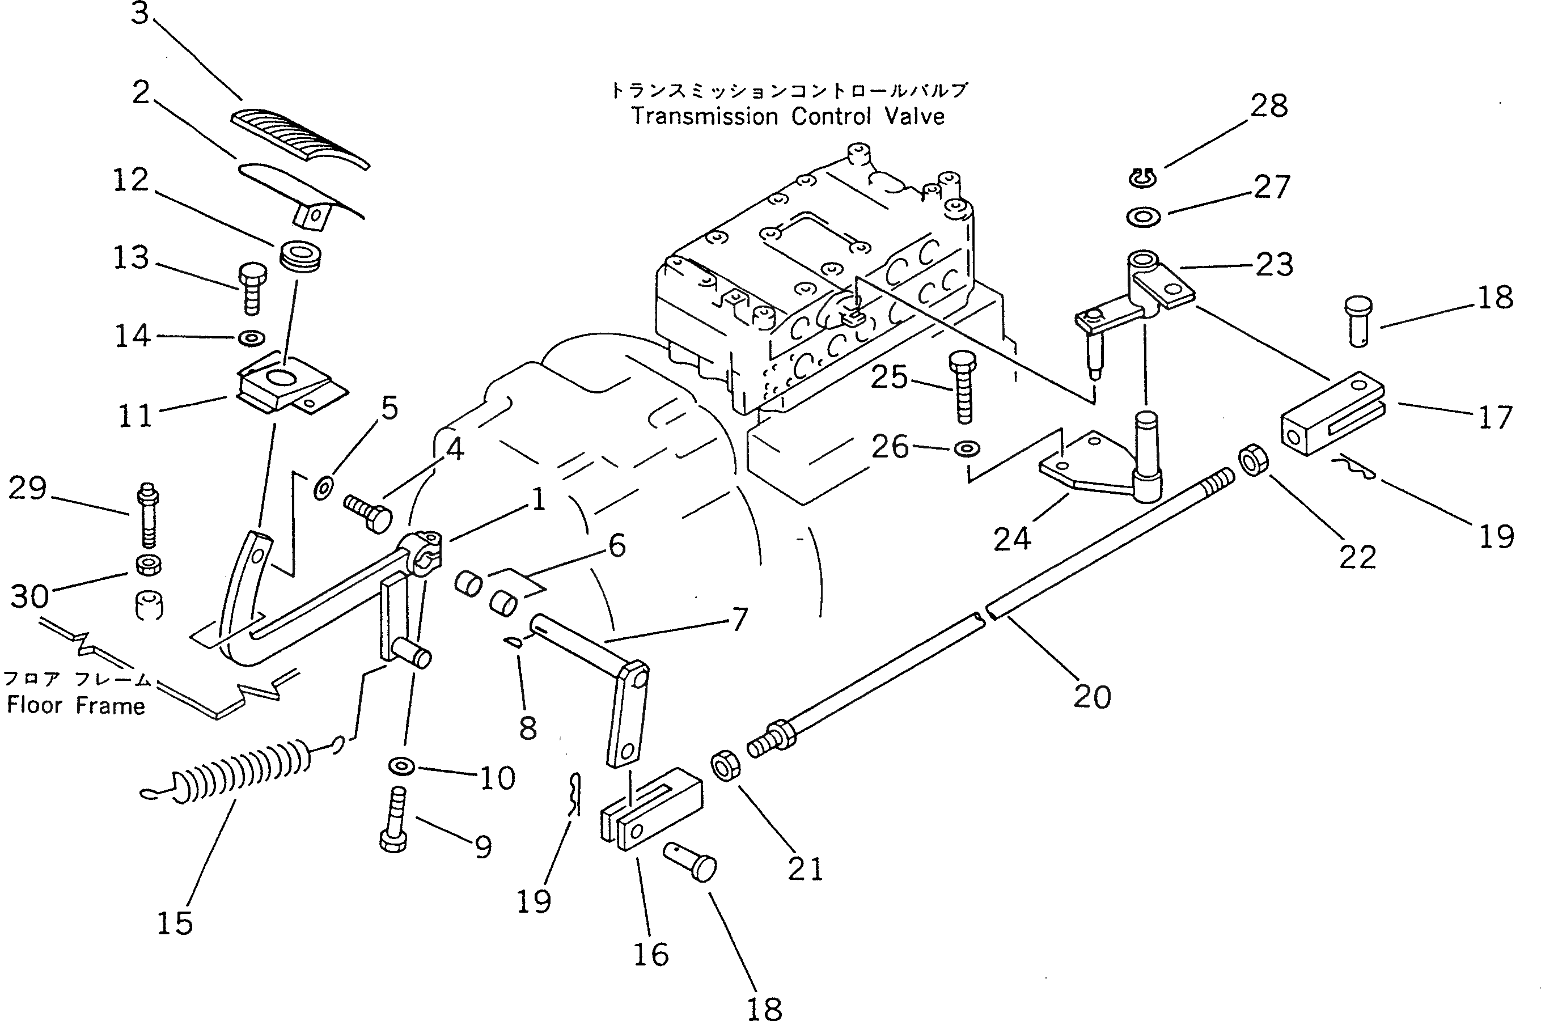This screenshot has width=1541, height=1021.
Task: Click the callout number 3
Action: tap(140, 13)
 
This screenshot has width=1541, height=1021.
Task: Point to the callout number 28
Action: tap(1269, 106)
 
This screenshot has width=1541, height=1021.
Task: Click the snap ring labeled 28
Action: tap(1142, 178)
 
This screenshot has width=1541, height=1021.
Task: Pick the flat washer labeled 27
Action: tap(1143, 217)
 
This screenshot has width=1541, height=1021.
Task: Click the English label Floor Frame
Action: tap(76, 706)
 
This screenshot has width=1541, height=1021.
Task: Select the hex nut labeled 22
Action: tap(1252, 460)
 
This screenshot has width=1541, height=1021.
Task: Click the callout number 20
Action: tap(1092, 697)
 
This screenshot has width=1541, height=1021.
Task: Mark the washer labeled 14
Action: tap(251, 338)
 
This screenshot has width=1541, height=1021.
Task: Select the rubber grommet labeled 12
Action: tap(302, 254)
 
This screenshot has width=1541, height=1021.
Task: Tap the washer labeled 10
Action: tap(401, 766)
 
